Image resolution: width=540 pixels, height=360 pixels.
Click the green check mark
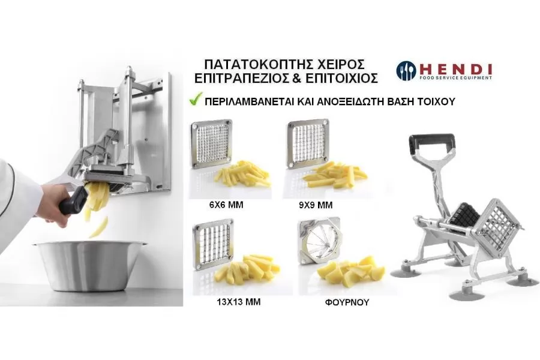[196, 101]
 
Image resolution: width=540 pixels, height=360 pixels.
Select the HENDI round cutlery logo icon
[406, 71]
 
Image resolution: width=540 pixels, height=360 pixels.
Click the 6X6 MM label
[226, 205]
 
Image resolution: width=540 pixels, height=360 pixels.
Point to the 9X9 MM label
[316, 205]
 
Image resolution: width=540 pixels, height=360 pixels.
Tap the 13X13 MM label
[239, 302]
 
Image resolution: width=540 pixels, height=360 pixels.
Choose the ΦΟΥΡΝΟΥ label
[347, 302]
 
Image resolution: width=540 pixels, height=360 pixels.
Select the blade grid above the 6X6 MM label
[211, 144]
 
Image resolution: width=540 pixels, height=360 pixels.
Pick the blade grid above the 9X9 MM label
[308, 145]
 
